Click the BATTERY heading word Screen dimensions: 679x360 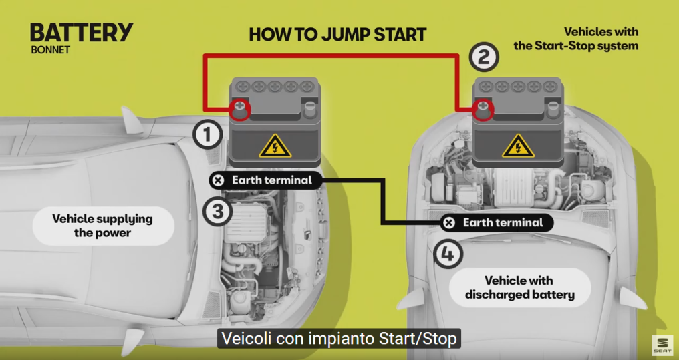point(82,33)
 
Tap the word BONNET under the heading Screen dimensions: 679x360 point(50,50)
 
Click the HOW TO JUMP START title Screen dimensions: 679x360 point(337,35)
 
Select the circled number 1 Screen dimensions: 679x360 point(208,134)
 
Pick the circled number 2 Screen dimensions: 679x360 point(484,57)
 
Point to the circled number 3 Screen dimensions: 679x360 point(217,212)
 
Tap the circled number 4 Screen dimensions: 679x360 point(448,254)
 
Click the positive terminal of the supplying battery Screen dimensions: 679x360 point(240,109)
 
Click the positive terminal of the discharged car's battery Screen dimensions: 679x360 point(483,109)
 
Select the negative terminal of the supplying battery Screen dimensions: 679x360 point(309,109)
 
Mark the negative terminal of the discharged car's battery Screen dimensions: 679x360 point(553,109)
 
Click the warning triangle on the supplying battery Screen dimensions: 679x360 point(275,146)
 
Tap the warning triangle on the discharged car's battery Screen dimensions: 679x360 point(518,146)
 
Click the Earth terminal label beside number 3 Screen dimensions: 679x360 point(266,180)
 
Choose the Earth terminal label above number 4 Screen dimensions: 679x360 point(497,223)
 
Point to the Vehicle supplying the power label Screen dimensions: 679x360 point(103,226)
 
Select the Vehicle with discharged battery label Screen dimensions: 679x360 point(520,288)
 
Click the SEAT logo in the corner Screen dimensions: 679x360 point(662,345)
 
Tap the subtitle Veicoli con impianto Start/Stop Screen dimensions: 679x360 point(339,339)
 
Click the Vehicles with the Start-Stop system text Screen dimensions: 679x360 point(576,39)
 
